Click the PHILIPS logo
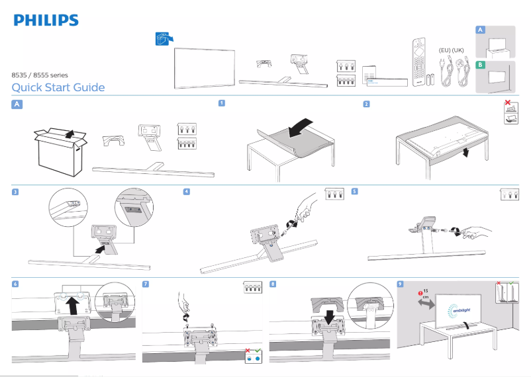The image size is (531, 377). [46, 21]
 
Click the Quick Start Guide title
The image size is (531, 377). [58, 88]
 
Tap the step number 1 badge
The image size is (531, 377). [222, 103]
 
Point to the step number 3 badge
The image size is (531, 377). [15, 192]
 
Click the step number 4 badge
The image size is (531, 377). [187, 192]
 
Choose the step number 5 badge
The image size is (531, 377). [355, 192]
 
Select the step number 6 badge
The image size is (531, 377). [15, 284]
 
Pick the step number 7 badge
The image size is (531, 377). [146, 284]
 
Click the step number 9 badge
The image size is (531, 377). [400, 284]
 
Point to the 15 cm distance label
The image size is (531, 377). [424, 294]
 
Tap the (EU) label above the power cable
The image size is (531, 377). [446, 50]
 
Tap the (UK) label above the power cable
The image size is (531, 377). [461, 50]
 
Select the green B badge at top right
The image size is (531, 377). [480, 65]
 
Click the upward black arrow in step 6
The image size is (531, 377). [72, 305]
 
